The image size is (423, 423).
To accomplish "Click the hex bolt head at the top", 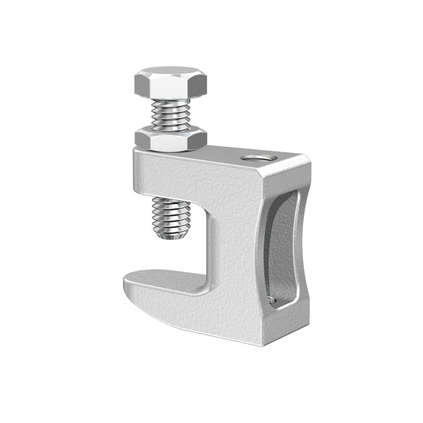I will coord(170,85).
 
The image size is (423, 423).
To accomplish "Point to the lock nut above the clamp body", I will coord(171,140).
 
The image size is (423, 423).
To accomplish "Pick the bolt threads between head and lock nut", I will coord(171,116).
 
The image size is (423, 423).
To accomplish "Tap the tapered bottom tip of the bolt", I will coord(172,235).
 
